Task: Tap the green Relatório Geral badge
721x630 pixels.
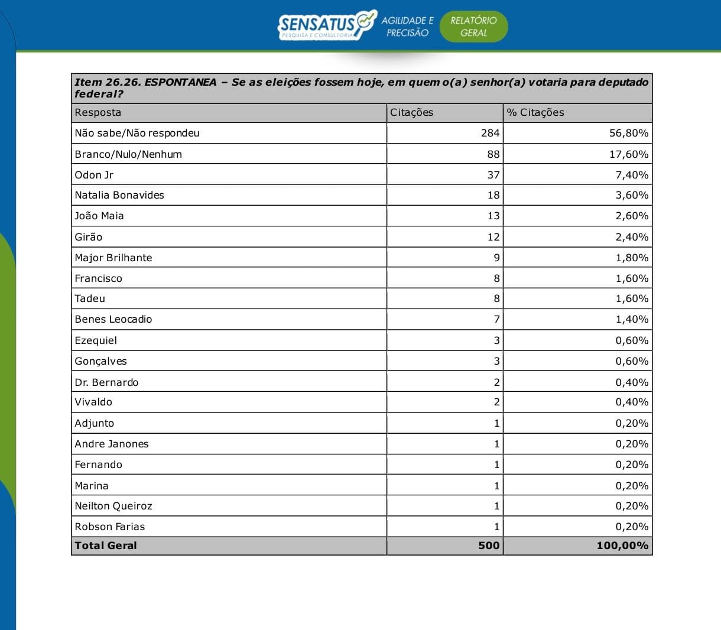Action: [473, 27]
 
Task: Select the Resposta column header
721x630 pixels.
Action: [98, 112]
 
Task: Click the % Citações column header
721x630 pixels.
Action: [535, 112]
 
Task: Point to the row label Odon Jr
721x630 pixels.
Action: [94, 175]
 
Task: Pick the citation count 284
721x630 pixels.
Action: [490, 133]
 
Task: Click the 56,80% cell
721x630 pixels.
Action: [629, 133]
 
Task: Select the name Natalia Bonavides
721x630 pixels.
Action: [119, 195]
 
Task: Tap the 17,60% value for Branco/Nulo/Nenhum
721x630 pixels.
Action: [629, 154]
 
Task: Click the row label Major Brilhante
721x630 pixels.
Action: [113, 258]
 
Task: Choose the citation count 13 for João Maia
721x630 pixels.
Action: [493, 216]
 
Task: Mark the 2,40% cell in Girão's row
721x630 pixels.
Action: [632, 237]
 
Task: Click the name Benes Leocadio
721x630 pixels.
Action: [113, 319]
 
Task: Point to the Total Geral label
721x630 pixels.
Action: [106, 545]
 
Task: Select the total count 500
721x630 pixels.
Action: [489, 545]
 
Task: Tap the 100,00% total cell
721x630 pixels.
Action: [622, 545]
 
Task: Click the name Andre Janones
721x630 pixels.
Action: [112, 444]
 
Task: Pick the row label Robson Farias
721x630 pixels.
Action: [110, 527]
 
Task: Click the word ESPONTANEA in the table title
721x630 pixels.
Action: [180, 82]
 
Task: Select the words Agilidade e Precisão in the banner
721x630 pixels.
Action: [407, 27]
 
